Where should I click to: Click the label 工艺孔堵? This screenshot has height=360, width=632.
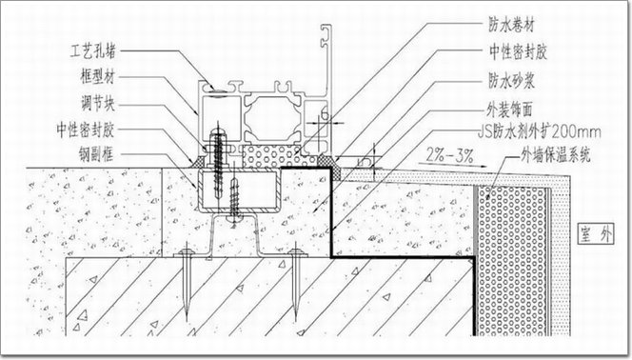pyautogui.click(x=93, y=51)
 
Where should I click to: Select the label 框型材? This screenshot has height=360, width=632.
pyautogui.click(x=97, y=76)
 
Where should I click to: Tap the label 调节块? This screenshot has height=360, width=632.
pyautogui.click(x=97, y=104)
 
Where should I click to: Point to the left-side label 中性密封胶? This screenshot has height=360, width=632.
pyautogui.click(x=86, y=130)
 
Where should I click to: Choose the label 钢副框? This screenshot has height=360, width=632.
pyautogui.click(x=96, y=154)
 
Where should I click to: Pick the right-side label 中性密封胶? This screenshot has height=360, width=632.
pyautogui.click(x=518, y=52)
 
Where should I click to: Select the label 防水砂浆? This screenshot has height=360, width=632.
pyautogui.click(x=511, y=81)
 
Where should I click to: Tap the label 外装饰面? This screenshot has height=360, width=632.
pyautogui.click(x=510, y=109)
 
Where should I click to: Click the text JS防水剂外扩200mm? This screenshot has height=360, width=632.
pyautogui.click(x=540, y=131)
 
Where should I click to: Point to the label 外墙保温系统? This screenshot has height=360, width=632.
pyautogui.click(x=556, y=154)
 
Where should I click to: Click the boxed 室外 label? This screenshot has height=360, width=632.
pyautogui.click(x=595, y=234)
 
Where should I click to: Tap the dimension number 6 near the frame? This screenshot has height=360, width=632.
pyautogui.click(x=325, y=115)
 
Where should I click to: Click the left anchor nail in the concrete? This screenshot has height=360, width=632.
pyautogui.click(x=187, y=282)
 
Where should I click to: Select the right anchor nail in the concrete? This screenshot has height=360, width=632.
pyautogui.click(x=296, y=282)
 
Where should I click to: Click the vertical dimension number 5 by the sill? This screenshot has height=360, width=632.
pyautogui.click(x=365, y=162)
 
